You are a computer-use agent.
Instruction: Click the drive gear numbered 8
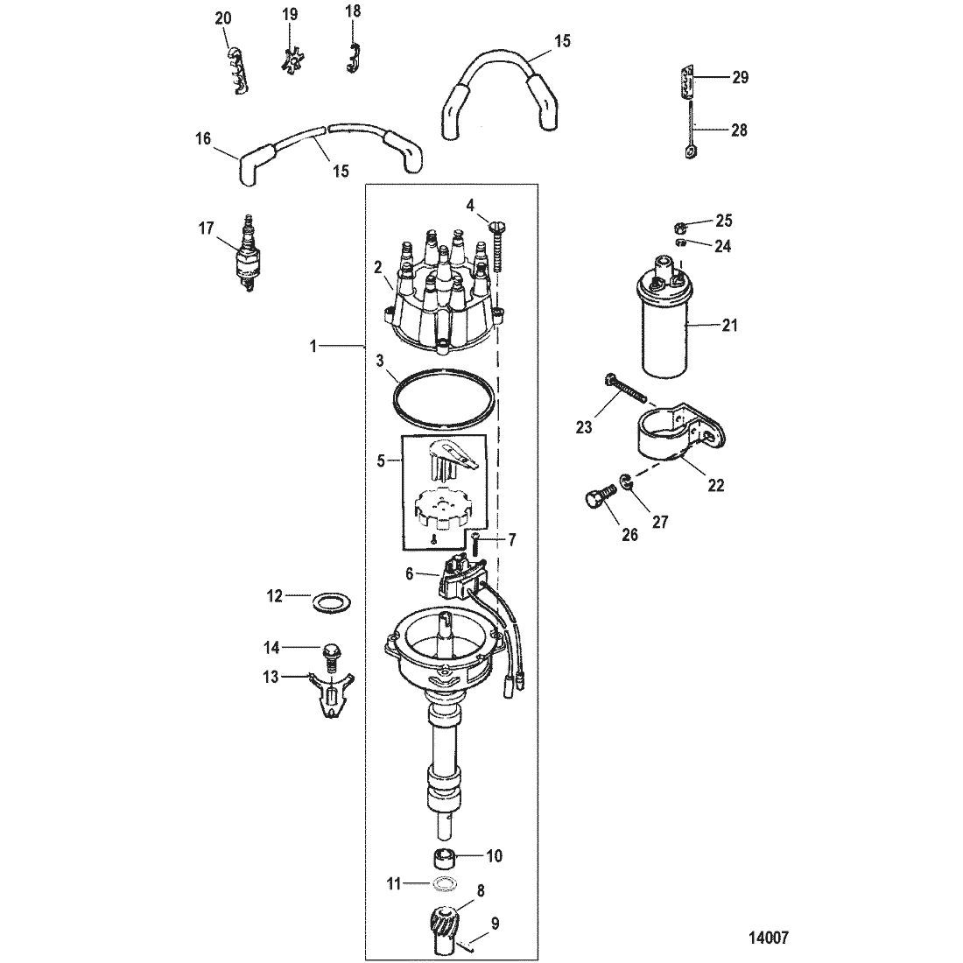coord(451,927)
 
